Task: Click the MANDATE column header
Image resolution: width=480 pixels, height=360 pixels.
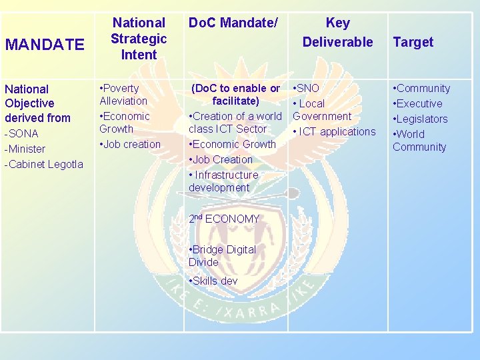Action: (45, 45)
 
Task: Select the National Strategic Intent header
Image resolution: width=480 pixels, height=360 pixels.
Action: (139, 39)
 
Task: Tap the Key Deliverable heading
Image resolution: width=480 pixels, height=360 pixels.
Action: (337, 32)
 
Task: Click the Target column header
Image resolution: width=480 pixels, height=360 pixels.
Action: (413, 42)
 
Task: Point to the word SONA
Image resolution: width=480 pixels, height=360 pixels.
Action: (25, 133)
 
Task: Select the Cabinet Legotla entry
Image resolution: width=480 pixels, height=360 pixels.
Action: (44, 164)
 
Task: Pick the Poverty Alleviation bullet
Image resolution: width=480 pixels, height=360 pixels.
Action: (123, 95)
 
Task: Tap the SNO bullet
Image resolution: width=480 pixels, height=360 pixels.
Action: (307, 88)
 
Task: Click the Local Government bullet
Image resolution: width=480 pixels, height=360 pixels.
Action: (322, 110)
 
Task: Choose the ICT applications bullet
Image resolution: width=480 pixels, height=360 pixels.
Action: (335, 131)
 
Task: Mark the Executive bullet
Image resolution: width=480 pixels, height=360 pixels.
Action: (419, 103)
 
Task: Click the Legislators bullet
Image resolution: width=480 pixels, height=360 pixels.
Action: (421, 119)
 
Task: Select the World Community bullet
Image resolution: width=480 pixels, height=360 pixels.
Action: (419, 140)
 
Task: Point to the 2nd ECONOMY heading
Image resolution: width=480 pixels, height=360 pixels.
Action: (224, 219)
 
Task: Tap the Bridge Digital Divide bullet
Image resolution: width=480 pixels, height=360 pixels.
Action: (223, 255)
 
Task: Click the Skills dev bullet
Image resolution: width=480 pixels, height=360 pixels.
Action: (214, 281)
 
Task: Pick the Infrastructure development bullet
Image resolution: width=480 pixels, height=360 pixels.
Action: (224, 181)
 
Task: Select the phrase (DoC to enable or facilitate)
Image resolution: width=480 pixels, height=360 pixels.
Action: (235, 95)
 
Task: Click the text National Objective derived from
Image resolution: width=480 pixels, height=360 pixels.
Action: (37, 103)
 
